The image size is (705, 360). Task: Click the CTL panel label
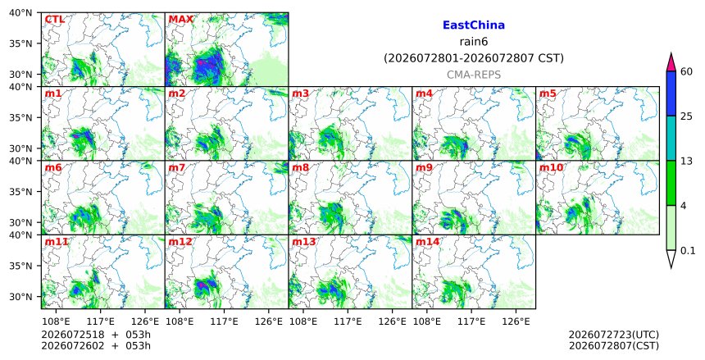[x=54, y=20]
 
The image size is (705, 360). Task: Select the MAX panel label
[x=180, y=20]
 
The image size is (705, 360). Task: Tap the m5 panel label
[x=548, y=93]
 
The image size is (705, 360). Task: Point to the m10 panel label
[x=551, y=168]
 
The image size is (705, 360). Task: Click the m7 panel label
[x=177, y=168]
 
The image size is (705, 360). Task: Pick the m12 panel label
[x=180, y=242]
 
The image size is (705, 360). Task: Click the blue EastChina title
[x=474, y=25]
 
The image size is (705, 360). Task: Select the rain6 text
[x=474, y=42]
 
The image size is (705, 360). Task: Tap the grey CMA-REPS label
[x=474, y=75]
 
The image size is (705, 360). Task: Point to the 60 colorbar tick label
[x=687, y=71]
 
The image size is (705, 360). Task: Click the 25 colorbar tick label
[x=687, y=116]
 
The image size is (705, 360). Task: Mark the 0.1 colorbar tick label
[x=688, y=251]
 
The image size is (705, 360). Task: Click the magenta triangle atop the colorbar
[x=671, y=63]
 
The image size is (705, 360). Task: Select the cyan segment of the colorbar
[x=671, y=139]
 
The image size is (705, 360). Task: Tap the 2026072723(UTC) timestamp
[x=614, y=335]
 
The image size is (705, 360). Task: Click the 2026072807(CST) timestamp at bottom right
[x=614, y=345]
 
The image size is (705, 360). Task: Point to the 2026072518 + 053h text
[x=96, y=335]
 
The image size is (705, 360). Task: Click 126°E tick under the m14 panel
[x=516, y=321]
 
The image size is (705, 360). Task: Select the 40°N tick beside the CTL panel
[x=20, y=12]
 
